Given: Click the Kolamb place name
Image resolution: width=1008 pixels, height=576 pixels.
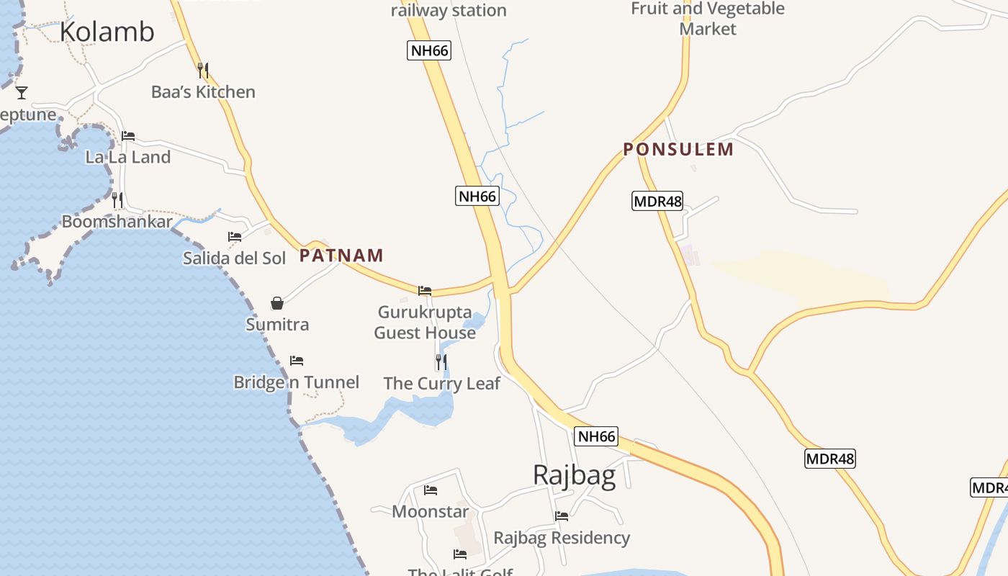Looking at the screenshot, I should pyautogui.click(x=107, y=32).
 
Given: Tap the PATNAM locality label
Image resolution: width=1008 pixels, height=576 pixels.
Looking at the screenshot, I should pyautogui.click(x=341, y=256).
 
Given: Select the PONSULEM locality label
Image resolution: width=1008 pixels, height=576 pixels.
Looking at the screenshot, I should pyautogui.click(x=678, y=150).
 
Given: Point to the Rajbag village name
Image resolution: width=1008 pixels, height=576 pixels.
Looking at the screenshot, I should pyautogui.click(x=574, y=475).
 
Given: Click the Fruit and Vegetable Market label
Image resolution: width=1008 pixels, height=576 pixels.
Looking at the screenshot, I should pyautogui.click(x=708, y=19).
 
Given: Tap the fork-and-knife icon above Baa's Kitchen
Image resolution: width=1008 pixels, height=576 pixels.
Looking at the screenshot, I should pyautogui.click(x=203, y=71).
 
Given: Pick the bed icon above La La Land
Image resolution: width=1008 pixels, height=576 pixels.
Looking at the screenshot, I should pyautogui.click(x=128, y=135).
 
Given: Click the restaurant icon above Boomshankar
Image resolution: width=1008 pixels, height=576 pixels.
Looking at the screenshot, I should pyautogui.click(x=117, y=200).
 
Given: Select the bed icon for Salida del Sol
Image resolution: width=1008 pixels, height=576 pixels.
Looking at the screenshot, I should pyautogui.click(x=235, y=236).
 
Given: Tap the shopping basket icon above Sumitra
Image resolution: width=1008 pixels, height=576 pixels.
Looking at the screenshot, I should pyautogui.click(x=277, y=303).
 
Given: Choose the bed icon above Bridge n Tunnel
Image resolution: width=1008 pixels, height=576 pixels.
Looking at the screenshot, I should pyautogui.click(x=297, y=360).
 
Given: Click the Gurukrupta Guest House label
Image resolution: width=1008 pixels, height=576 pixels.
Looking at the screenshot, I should pyautogui.click(x=425, y=323).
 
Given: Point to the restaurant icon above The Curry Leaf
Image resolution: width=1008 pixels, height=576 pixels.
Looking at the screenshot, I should pyautogui.click(x=441, y=361).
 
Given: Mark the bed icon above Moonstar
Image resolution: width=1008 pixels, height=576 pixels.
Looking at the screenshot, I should pyautogui.click(x=431, y=490).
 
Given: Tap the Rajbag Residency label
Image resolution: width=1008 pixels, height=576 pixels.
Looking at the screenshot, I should pyautogui.click(x=562, y=538).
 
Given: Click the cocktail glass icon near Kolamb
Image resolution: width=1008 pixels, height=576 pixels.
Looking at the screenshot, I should pyautogui.click(x=22, y=92).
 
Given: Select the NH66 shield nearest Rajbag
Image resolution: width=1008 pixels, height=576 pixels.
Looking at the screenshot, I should pyautogui.click(x=597, y=436).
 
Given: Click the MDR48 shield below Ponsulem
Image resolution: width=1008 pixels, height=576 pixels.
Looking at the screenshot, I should pyautogui.click(x=657, y=201).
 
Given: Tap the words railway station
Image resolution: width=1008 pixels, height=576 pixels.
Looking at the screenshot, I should pyautogui.click(x=449, y=11).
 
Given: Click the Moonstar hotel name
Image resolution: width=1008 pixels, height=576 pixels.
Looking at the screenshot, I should pyautogui.click(x=430, y=512).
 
